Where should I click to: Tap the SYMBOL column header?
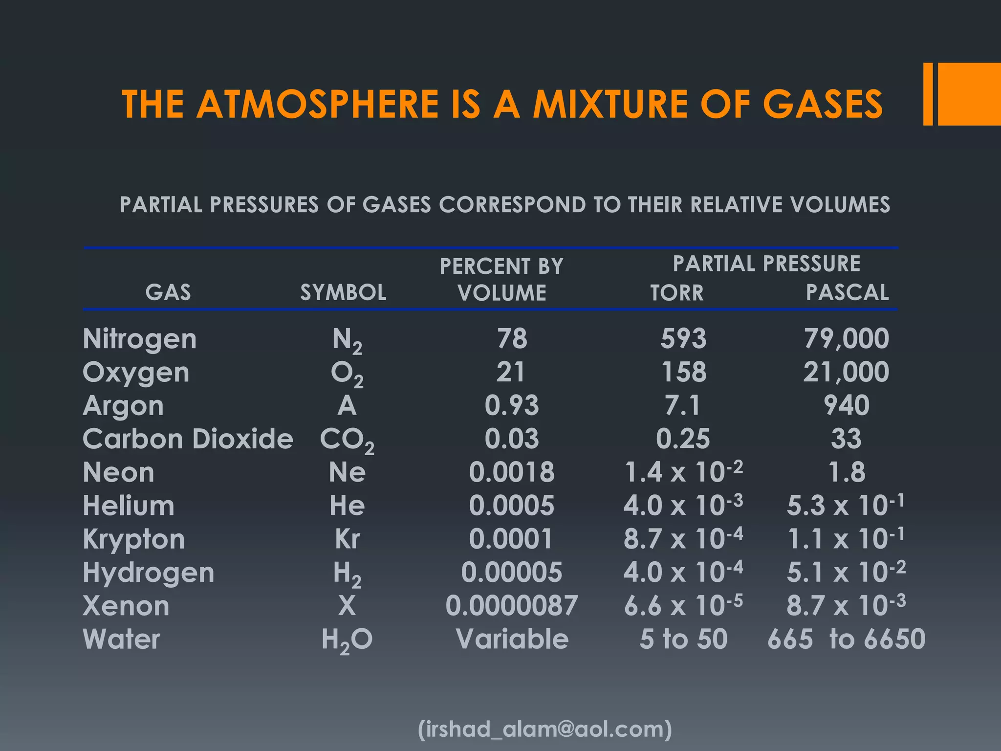pyautogui.click(x=343, y=292)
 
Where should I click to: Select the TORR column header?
pyautogui.click(x=677, y=293)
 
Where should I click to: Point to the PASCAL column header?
pyautogui.click(x=847, y=292)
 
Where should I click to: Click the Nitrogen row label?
pyautogui.click(x=140, y=339)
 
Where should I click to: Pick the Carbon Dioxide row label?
pyautogui.click(x=188, y=439)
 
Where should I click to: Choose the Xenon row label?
pyautogui.click(x=126, y=606)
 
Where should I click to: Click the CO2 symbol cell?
pyautogui.click(x=347, y=440)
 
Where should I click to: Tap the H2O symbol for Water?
pyautogui.click(x=347, y=640)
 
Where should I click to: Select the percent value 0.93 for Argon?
pyautogui.click(x=512, y=405)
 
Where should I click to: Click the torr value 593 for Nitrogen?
pyautogui.click(x=683, y=338)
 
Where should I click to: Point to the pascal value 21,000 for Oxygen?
pyautogui.click(x=846, y=372)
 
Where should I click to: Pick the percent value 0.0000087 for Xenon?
pyautogui.click(x=512, y=606)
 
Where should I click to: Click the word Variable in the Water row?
pyautogui.click(x=512, y=639)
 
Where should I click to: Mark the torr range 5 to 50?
pyautogui.click(x=683, y=639)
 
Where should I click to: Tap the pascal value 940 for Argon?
pyautogui.click(x=847, y=405)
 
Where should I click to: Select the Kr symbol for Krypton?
pyautogui.click(x=347, y=539)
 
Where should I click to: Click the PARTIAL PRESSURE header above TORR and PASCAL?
pyautogui.click(x=766, y=264)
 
